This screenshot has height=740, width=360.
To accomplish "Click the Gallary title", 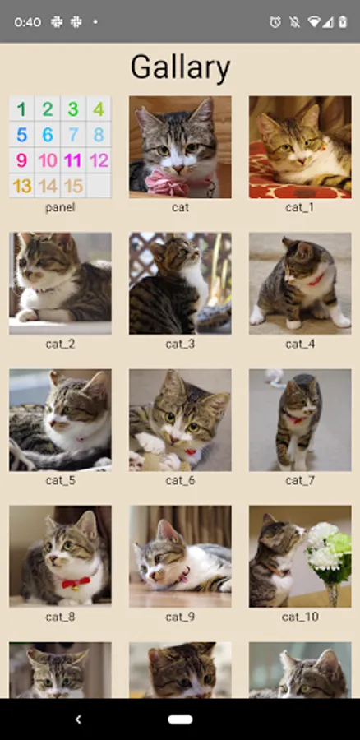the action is tap(180, 67).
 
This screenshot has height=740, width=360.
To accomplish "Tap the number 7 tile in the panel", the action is tap(73, 135).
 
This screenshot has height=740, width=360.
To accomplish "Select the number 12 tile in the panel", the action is tap(99, 160).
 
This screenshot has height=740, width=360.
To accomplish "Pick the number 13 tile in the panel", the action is tap(21, 186).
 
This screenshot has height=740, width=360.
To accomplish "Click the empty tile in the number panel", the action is tap(99, 186).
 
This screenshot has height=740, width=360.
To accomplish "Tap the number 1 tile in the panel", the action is tap(21, 109).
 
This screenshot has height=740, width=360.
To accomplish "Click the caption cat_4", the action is tap(300, 344).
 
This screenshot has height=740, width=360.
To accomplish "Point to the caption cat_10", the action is tap(300, 617).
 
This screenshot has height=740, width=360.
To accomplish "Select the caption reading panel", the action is tap(60, 208).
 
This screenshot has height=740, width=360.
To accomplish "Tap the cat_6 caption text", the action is tap(180, 480).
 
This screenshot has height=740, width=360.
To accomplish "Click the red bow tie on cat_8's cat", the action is tap(76, 582).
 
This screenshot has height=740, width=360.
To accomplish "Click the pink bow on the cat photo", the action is tap(167, 183).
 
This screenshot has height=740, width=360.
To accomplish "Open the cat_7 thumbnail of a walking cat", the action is tap(300, 420).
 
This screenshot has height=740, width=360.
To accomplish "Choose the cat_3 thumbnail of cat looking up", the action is tap(180, 283).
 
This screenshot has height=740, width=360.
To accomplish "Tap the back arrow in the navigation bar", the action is tap(78, 719).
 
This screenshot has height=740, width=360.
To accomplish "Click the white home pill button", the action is tap(180, 719).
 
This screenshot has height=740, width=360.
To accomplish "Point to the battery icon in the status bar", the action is tap(343, 21).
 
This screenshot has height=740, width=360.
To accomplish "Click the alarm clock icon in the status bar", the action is tap(275, 21).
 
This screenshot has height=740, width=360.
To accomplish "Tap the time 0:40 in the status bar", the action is tap(27, 22).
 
